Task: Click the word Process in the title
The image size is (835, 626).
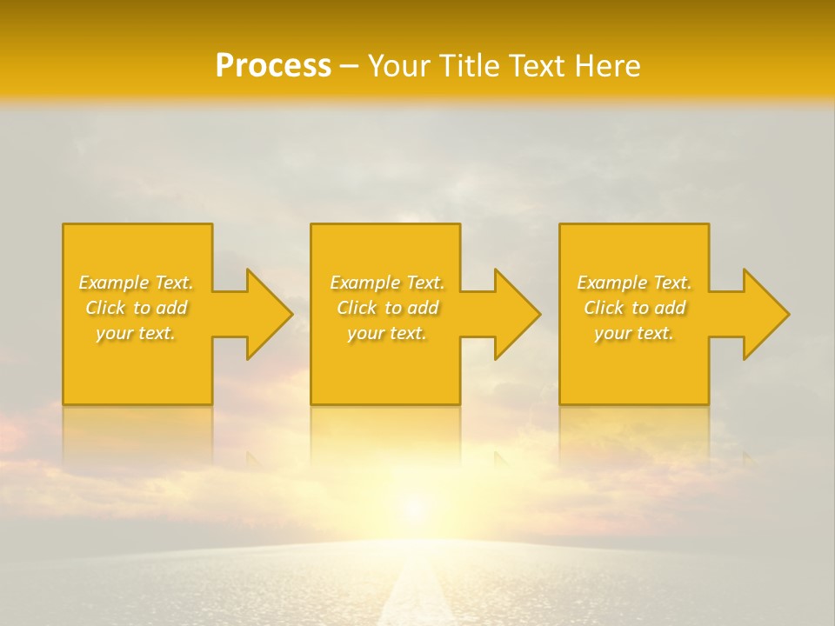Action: (273, 65)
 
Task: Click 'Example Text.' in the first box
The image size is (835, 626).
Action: (136, 283)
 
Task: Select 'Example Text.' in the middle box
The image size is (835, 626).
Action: (387, 283)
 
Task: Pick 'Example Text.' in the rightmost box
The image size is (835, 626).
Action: (634, 283)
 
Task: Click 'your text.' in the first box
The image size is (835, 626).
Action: (136, 333)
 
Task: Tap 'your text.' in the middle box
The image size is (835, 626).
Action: (387, 333)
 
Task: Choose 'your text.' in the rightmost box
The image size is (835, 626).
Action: (634, 333)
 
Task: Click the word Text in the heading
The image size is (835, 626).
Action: (532, 65)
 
